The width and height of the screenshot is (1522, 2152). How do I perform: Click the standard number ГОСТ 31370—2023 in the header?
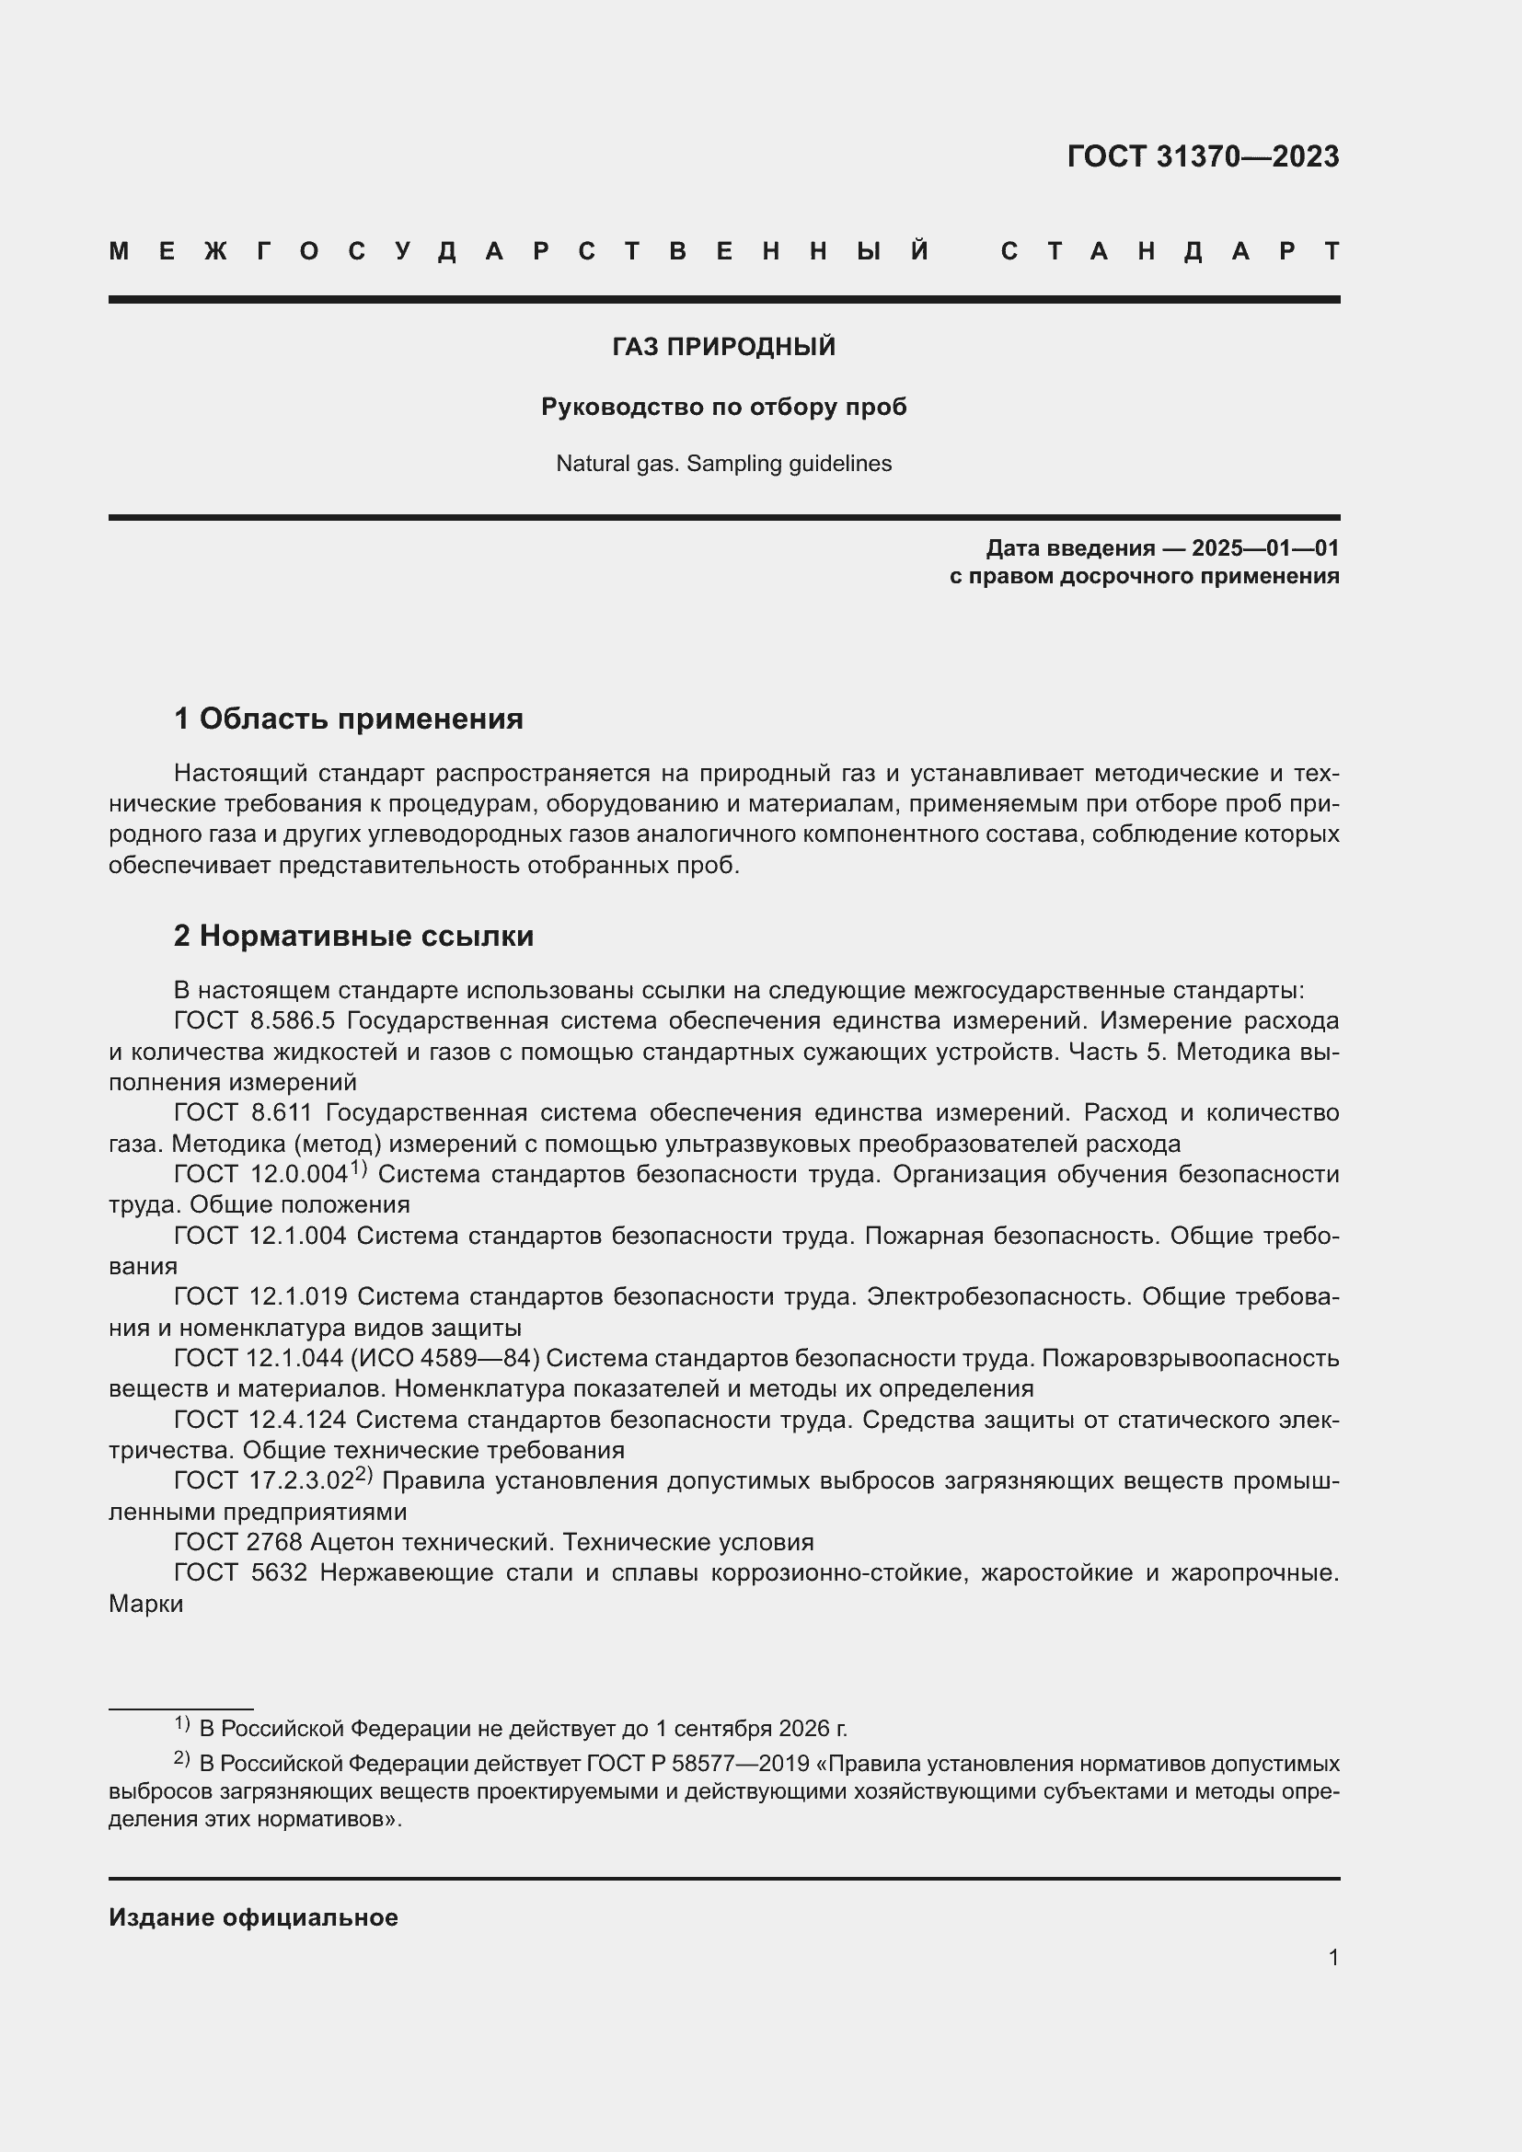[x=1203, y=156]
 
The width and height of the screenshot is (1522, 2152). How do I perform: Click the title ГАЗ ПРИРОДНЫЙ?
[x=723, y=347]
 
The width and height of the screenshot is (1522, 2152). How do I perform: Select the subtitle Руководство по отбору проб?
[x=723, y=407]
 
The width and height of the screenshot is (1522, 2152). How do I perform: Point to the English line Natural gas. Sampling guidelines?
[x=723, y=463]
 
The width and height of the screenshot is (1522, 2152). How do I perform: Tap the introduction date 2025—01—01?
[x=1264, y=548]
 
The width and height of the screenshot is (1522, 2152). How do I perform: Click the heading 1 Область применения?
[x=348, y=719]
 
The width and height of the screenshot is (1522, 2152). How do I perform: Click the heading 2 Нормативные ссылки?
[x=353, y=936]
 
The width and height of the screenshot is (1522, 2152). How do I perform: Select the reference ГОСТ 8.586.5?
[x=254, y=1020]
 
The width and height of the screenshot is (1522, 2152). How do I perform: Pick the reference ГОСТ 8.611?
[x=243, y=1112]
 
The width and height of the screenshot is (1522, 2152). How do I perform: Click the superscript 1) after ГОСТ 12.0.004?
[x=358, y=1168]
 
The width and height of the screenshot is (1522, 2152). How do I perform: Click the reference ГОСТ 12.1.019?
[x=259, y=1296]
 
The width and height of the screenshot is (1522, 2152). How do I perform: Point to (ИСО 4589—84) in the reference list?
[x=449, y=1358]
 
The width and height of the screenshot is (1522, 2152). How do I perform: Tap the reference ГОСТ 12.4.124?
[x=259, y=1420]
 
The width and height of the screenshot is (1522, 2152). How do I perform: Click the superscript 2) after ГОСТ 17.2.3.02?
[x=363, y=1474]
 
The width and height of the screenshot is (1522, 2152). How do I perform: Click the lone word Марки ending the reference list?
[x=146, y=1604]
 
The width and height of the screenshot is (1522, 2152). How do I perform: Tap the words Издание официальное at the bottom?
[x=253, y=1917]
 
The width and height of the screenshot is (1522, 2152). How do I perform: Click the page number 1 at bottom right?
[x=1332, y=1957]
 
